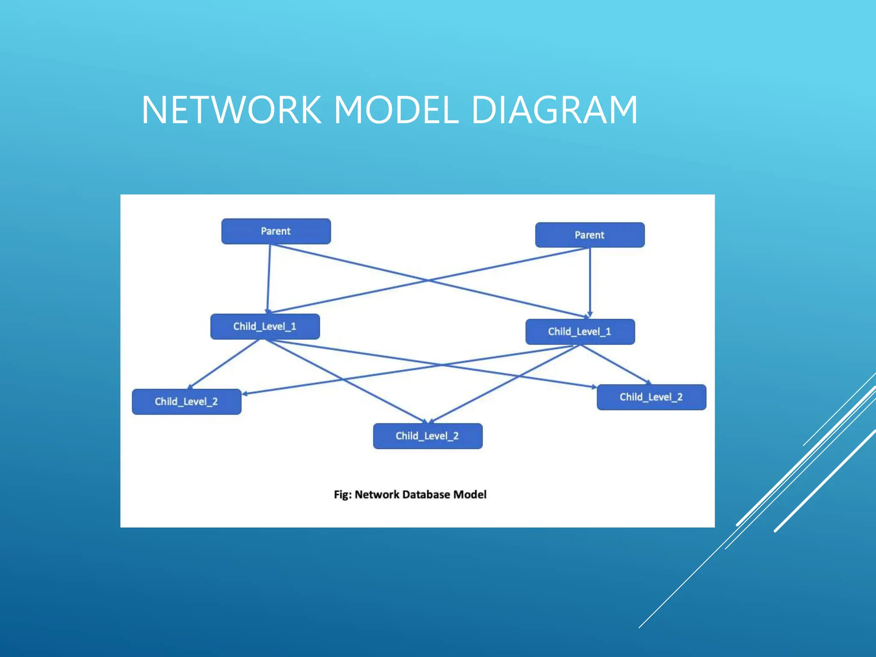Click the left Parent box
coord(276,231)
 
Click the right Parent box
coord(589,235)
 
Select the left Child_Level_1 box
coord(265,326)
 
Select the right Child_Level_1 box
coord(580,331)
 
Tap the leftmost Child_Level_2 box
coord(186,401)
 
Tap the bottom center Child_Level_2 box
coord(427,436)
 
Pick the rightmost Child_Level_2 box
coord(651,397)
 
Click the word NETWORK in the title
coord(231,110)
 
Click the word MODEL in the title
coord(396,110)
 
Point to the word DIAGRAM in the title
coord(554,110)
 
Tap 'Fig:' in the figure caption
coord(343,494)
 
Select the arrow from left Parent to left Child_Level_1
coord(269,278)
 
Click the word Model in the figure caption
coord(470,494)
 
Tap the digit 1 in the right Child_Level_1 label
coord(608,331)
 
